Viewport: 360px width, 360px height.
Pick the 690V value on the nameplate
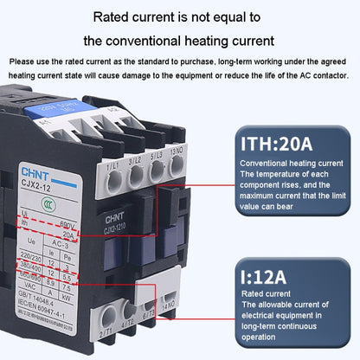(x=68, y=222)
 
